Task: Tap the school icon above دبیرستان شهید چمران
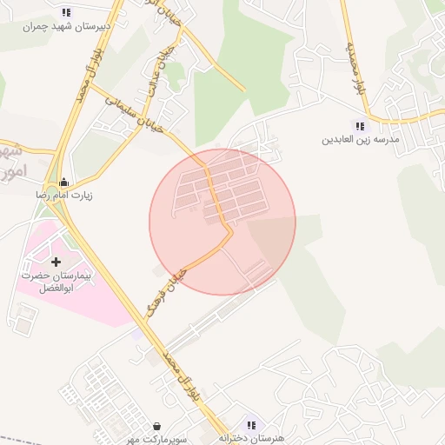67,12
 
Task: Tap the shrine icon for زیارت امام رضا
63,183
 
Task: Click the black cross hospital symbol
56,261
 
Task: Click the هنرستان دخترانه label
251,438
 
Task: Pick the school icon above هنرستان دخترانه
250,425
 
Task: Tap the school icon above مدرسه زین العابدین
359,126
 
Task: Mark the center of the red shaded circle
222,222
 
